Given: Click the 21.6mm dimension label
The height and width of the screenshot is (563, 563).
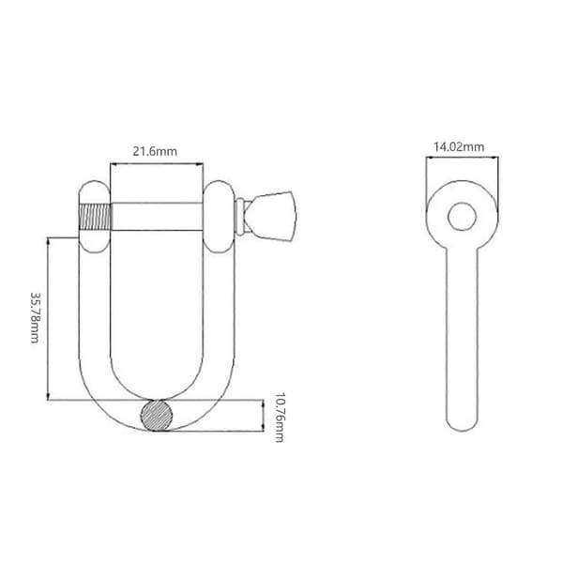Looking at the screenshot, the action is [x=155, y=151].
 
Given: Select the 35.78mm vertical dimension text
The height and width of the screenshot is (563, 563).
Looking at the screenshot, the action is [x=36, y=318].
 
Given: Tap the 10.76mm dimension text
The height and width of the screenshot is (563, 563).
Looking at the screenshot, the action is [x=280, y=418].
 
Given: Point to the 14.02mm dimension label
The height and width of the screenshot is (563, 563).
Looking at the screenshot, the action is [x=459, y=147].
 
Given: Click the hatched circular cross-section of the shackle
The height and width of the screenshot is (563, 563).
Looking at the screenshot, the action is [x=156, y=416].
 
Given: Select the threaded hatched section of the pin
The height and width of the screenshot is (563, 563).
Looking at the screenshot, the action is [x=95, y=217].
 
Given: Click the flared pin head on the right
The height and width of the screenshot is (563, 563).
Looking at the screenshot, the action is [x=272, y=216].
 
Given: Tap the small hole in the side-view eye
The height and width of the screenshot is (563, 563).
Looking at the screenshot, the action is [x=462, y=217].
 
